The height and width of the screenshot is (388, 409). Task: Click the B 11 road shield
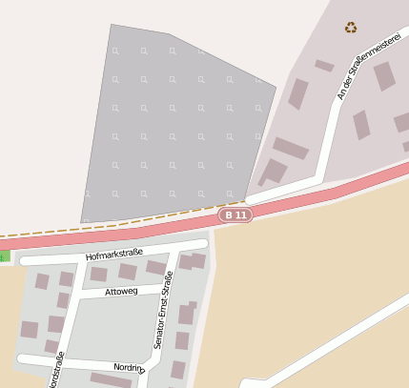235,215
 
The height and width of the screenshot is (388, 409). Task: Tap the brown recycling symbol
352,28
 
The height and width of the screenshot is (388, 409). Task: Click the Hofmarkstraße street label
113,254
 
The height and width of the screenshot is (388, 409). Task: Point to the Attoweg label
121,291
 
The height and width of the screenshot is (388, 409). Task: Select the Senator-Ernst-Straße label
163,309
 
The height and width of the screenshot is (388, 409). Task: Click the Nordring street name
128,367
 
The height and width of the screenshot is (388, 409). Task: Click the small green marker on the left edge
3,255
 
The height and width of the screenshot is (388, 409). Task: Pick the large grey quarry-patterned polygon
172,124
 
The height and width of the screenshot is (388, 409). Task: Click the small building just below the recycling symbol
324,66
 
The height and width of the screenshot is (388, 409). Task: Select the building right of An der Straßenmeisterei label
383,76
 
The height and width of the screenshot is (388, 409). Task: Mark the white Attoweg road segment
95,293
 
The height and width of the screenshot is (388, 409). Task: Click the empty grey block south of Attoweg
105,329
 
